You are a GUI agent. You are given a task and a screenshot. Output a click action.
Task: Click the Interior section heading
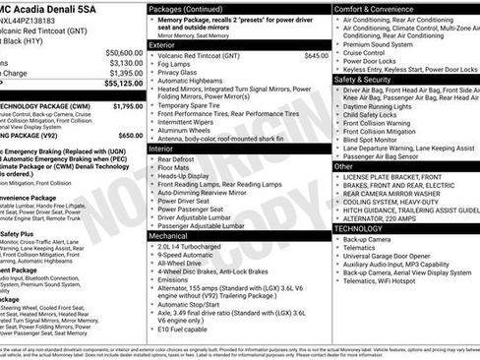point(161,148)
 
